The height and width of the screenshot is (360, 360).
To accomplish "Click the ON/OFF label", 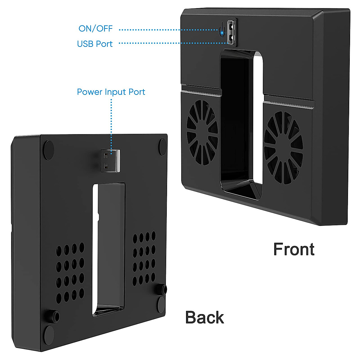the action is pyautogui.click(x=95, y=28).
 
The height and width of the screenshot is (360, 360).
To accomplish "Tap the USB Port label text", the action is pyautogui.click(x=95, y=44).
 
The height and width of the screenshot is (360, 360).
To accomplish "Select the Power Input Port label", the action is pyautogui.click(x=111, y=92).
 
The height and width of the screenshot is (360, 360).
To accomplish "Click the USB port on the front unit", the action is pyautogui.click(x=231, y=32).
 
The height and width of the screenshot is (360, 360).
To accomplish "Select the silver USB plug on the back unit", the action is pyautogui.click(x=110, y=161).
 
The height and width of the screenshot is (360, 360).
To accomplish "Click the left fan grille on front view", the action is pyautogui.click(x=202, y=133).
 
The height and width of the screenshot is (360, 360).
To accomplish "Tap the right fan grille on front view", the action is pyautogui.click(x=283, y=148).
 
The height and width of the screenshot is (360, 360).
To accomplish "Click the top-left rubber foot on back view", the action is pyautogui.click(x=49, y=150).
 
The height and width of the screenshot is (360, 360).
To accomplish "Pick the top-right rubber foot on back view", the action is pyautogui.click(x=163, y=147).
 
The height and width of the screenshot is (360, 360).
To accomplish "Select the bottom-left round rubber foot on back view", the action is pyautogui.click(x=49, y=335).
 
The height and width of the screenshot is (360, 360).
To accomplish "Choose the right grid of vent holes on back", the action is pyautogui.click(x=144, y=259).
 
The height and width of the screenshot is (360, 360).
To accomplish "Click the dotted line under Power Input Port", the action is pyautogui.click(x=111, y=127).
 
